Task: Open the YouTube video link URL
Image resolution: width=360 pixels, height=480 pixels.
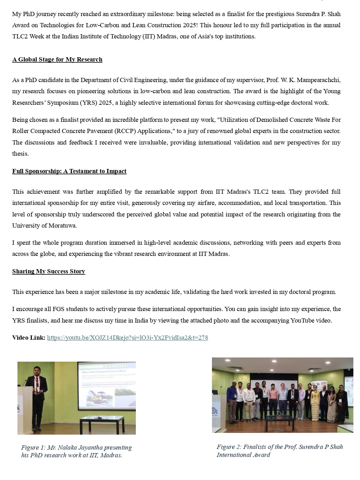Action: tap(127, 338)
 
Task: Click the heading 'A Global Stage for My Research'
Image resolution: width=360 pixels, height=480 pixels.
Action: tap(57, 59)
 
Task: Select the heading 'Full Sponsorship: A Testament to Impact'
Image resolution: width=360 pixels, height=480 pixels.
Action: tap(69, 171)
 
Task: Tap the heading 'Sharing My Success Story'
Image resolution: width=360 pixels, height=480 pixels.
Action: tap(49, 271)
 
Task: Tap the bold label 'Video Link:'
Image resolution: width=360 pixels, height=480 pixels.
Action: tap(29, 338)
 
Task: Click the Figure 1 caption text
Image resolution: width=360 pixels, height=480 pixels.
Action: tap(76, 451)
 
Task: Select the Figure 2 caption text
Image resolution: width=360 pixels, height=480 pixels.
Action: tap(280, 451)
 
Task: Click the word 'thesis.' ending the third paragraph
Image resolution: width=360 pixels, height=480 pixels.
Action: tap(21, 154)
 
